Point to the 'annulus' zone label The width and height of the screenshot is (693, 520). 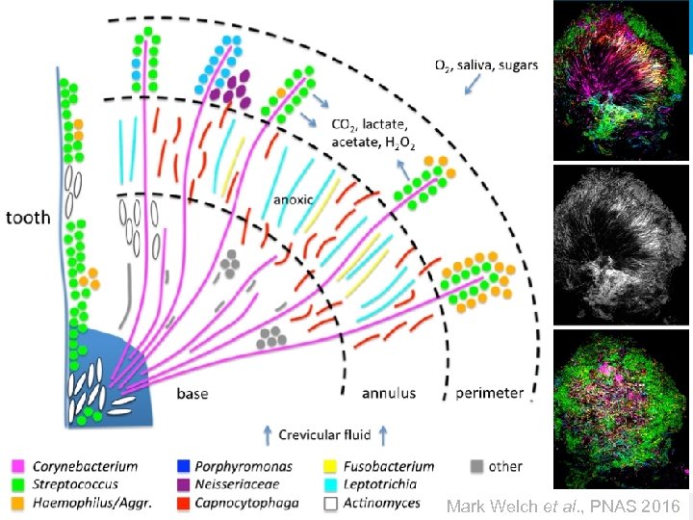[389, 393]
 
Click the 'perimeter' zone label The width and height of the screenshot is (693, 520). [490, 393]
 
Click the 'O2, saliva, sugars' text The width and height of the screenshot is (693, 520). [486, 65]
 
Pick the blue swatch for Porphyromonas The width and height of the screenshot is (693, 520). [184, 467]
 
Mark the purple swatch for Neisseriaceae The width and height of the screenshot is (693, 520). [184, 484]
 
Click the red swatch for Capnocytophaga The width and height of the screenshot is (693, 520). [184, 502]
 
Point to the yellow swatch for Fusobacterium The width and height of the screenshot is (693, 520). [330, 467]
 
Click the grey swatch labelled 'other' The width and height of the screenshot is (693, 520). [475, 467]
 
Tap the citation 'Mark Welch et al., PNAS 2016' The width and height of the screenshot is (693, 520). [564, 505]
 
